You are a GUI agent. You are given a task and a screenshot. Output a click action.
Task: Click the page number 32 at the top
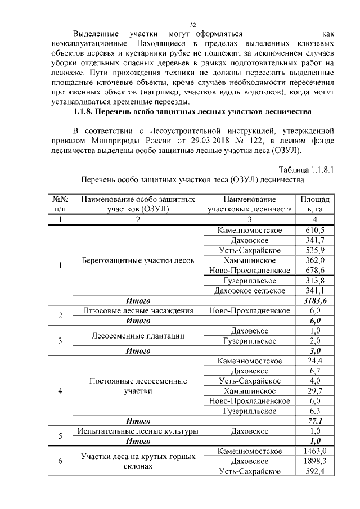(192, 24)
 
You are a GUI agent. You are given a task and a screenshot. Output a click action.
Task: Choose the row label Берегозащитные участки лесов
(138, 261)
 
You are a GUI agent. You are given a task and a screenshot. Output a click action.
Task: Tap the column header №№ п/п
(60, 205)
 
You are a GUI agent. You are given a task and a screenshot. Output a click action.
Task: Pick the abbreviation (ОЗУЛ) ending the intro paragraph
(286, 151)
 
